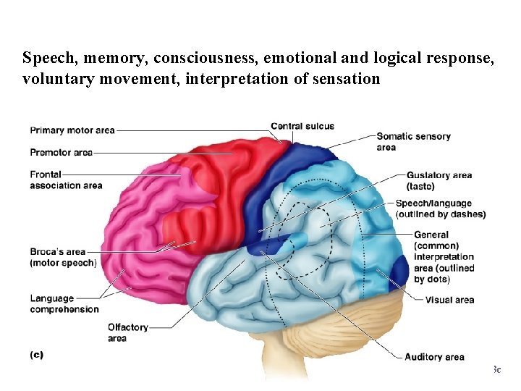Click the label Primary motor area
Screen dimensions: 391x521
click(x=72, y=131)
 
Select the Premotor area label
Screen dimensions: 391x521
click(x=61, y=153)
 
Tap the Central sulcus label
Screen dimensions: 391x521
click(x=302, y=127)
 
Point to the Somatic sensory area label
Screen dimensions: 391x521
click(x=413, y=142)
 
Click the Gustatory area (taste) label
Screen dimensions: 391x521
click(x=439, y=181)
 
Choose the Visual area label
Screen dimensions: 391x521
click(x=449, y=300)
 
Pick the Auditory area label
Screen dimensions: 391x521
click(x=434, y=357)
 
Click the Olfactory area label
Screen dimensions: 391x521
click(x=127, y=333)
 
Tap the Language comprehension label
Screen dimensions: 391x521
click(x=64, y=304)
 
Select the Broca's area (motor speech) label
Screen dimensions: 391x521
click(x=63, y=257)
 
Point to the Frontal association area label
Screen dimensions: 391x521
click(x=65, y=180)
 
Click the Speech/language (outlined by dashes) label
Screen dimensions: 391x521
click(x=440, y=209)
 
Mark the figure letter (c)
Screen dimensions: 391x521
click(x=37, y=355)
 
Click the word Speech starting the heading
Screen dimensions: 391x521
click(x=45, y=57)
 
